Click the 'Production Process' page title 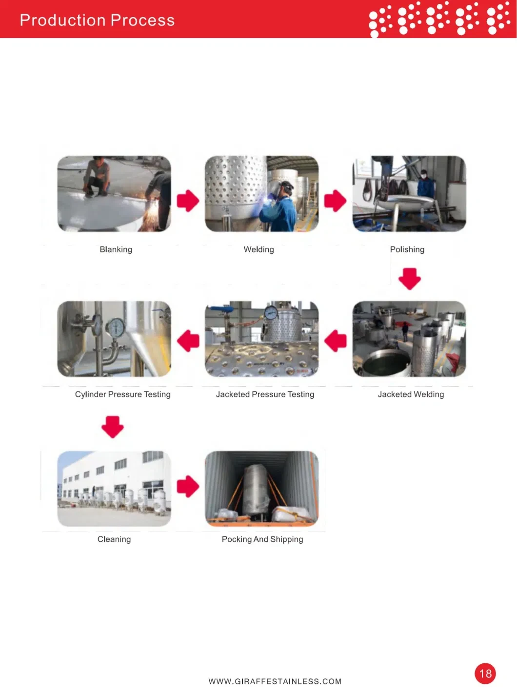pos(97,20)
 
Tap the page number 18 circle pos(485,674)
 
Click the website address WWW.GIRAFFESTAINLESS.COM pos(275,681)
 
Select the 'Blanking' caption pos(116,249)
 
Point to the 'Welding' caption pos(259,249)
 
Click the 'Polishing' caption pos(407,249)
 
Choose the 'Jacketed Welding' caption pos(411,394)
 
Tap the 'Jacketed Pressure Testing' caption pos(265,394)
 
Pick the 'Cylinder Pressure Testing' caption pos(122,394)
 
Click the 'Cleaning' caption pos(114,539)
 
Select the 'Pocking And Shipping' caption pos(262,539)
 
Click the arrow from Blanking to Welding pos(188,201)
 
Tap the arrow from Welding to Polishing pos(335,201)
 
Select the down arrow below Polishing pos(410,279)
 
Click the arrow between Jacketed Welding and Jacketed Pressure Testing pos(335,341)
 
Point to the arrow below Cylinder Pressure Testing pos(113,427)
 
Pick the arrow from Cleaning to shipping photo pos(188,486)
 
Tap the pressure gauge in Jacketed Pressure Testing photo pos(271,313)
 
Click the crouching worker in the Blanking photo pos(96,177)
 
